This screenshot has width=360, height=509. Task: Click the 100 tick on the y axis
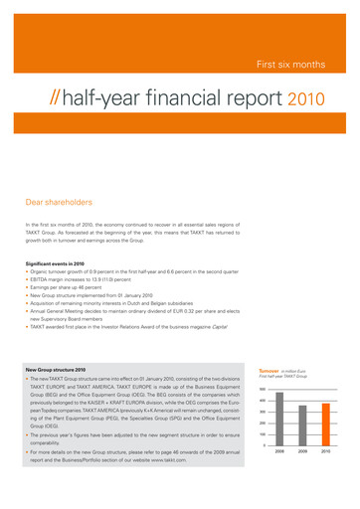pos(263,434)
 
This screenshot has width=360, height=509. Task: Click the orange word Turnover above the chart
pos(269,369)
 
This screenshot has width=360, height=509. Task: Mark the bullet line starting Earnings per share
pos(71,286)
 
